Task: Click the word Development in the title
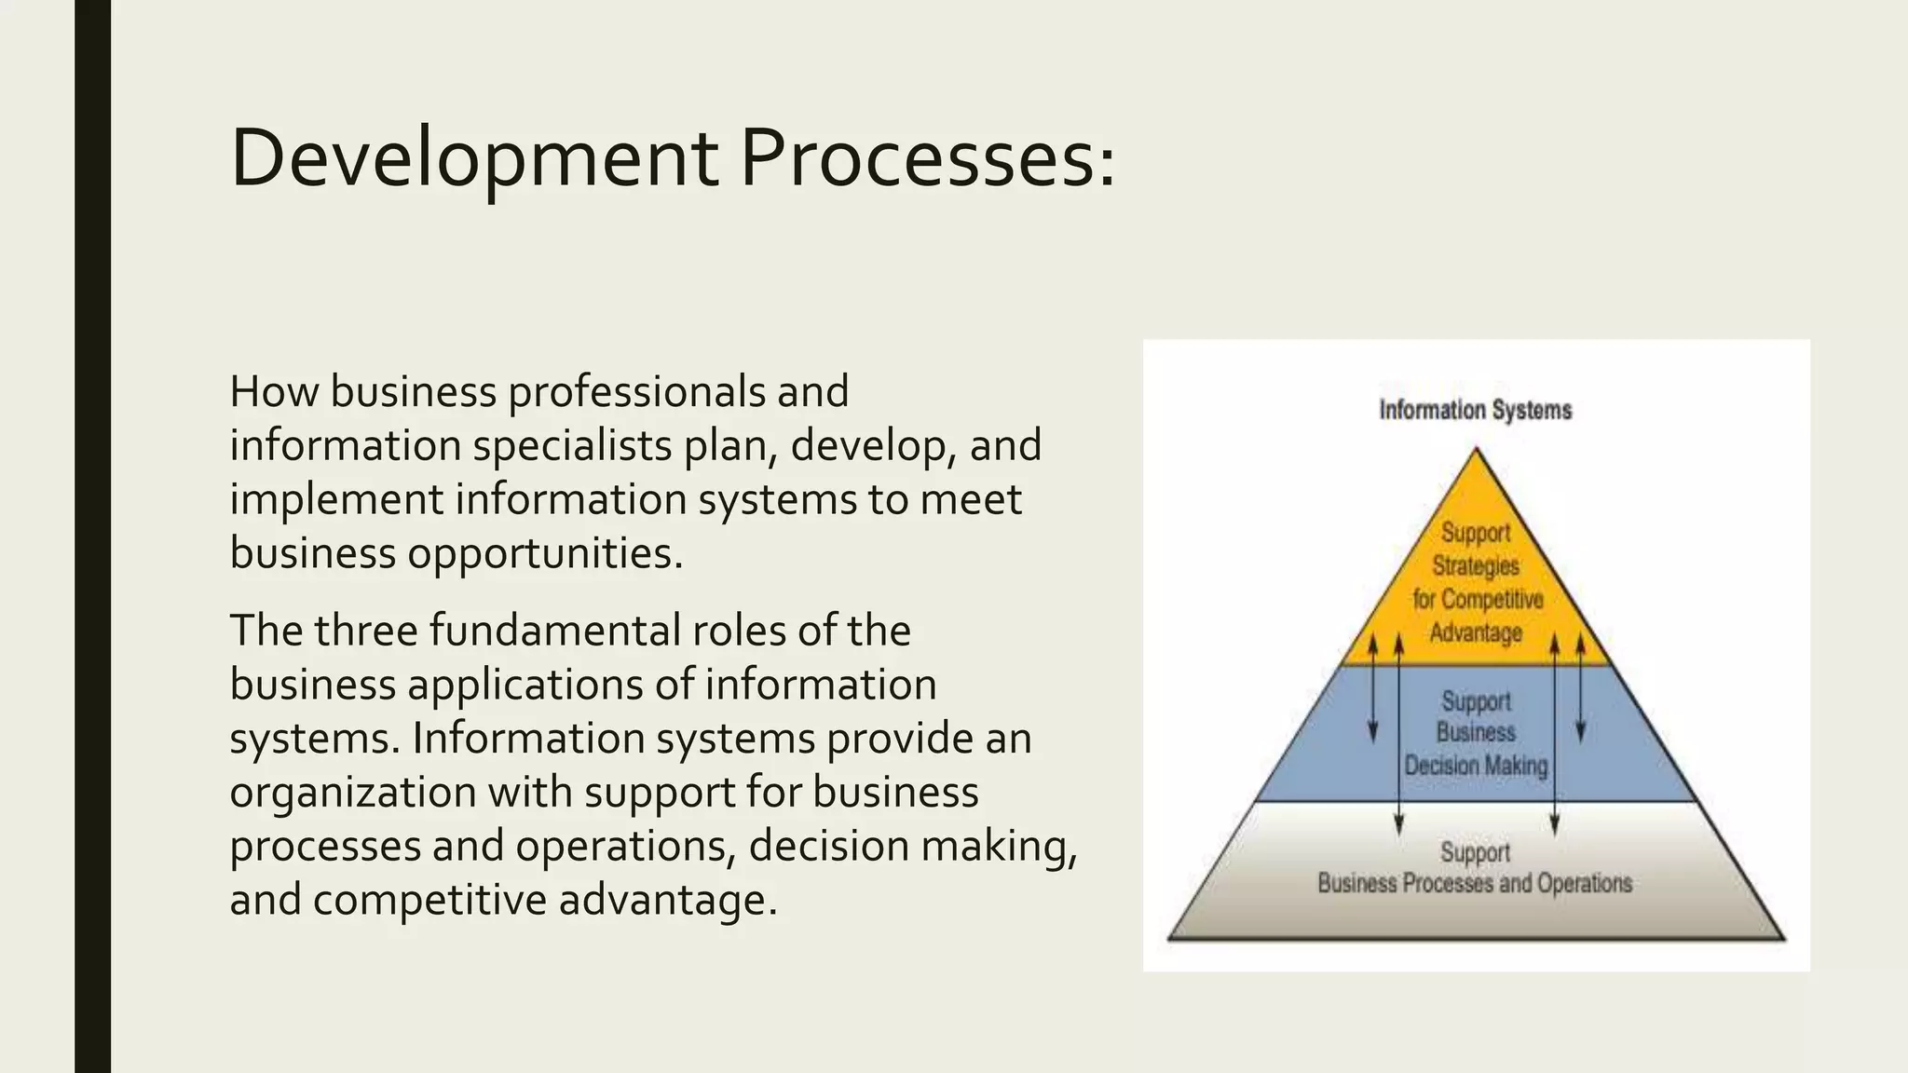473,158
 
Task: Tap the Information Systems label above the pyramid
1475,410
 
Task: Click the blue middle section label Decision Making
1476,766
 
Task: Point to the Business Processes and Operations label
1475,883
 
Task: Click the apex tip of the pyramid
1476,451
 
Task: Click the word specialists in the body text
572,445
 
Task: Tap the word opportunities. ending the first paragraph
545,553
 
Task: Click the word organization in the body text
353,793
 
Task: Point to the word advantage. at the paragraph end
667,901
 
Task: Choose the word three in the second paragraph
365,631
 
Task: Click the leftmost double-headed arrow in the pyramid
1372,689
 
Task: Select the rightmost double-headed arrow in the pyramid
1580,689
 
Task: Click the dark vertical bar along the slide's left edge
92,536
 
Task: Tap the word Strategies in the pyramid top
1476,565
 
